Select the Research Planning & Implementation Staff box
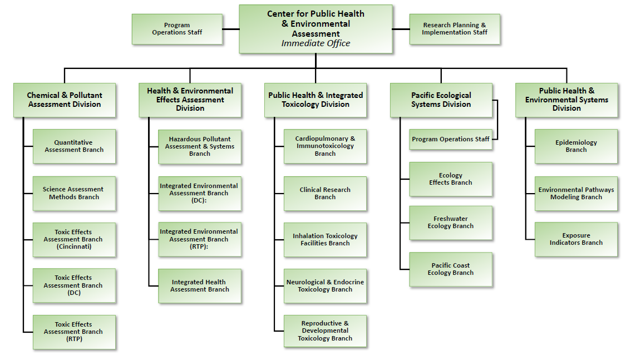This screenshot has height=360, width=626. [x=454, y=29]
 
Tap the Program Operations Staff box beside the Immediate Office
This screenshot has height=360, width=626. [x=177, y=29]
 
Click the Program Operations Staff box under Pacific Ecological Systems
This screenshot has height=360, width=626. [x=451, y=139]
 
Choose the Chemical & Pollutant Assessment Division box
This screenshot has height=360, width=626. [x=65, y=100]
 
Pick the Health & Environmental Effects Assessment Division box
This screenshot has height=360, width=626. [x=190, y=100]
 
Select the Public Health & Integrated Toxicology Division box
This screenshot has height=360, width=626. [x=316, y=100]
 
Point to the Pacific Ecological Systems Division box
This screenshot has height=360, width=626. [x=441, y=100]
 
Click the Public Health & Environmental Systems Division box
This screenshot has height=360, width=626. [x=566, y=100]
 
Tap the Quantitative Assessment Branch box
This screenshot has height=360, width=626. [x=74, y=146]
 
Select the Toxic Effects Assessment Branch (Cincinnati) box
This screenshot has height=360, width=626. [x=74, y=239]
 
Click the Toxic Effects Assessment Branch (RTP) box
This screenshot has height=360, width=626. [x=74, y=332]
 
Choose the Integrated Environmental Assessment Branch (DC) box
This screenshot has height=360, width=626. [x=200, y=193]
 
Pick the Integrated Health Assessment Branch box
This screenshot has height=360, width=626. [x=200, y=286]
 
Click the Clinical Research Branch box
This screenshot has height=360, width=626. [x=325, y=193]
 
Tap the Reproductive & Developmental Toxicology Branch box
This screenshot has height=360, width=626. [x=325, y=331]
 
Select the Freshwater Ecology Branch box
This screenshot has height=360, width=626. [x=451, y=223]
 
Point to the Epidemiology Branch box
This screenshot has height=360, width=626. [x=576, y=146]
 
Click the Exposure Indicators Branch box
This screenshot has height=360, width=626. [x=576, y=239]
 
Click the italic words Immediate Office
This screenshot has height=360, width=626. [x=316, y=43]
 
